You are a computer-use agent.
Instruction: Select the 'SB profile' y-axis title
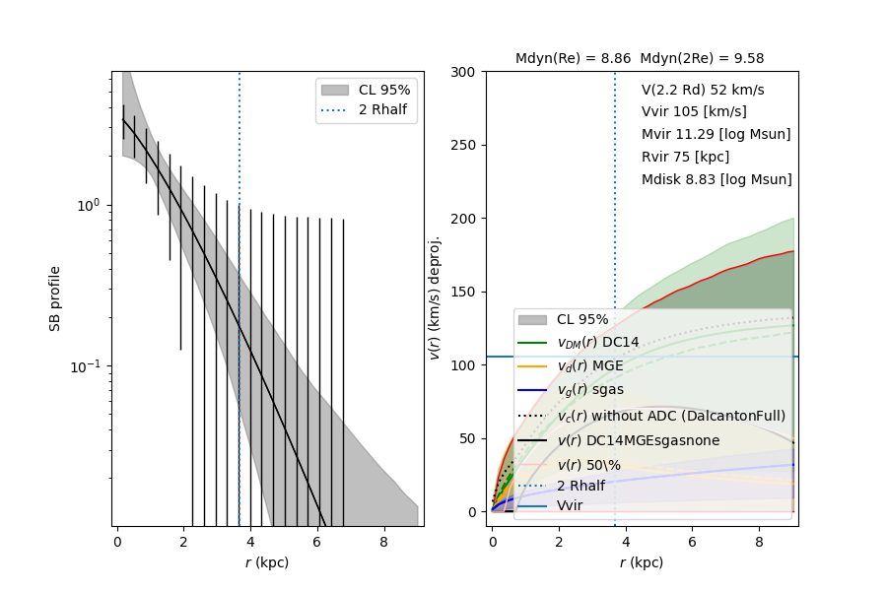pyautogui.click(x=56, y=297)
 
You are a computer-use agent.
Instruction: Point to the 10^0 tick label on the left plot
pyautogui.click(x=90, y=205)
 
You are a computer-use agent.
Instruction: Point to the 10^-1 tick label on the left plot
pyautogui.click(x=88, y=366)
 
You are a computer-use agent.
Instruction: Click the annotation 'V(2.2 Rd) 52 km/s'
pyautogui.click(x=703, y=90)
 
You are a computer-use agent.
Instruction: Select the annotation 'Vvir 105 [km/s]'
pyautogui.click(x=694, y=111)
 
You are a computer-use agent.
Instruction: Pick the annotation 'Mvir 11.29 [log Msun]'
pyautogui.click(x=716, y=134)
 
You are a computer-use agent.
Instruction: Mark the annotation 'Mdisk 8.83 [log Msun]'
pyautogui.click(x=716, y=179)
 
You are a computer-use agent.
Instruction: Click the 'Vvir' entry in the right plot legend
pyautogui.click(x=569, y=505)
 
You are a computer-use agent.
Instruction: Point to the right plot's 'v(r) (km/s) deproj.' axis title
pyautogui.click(x=435, y=297)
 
